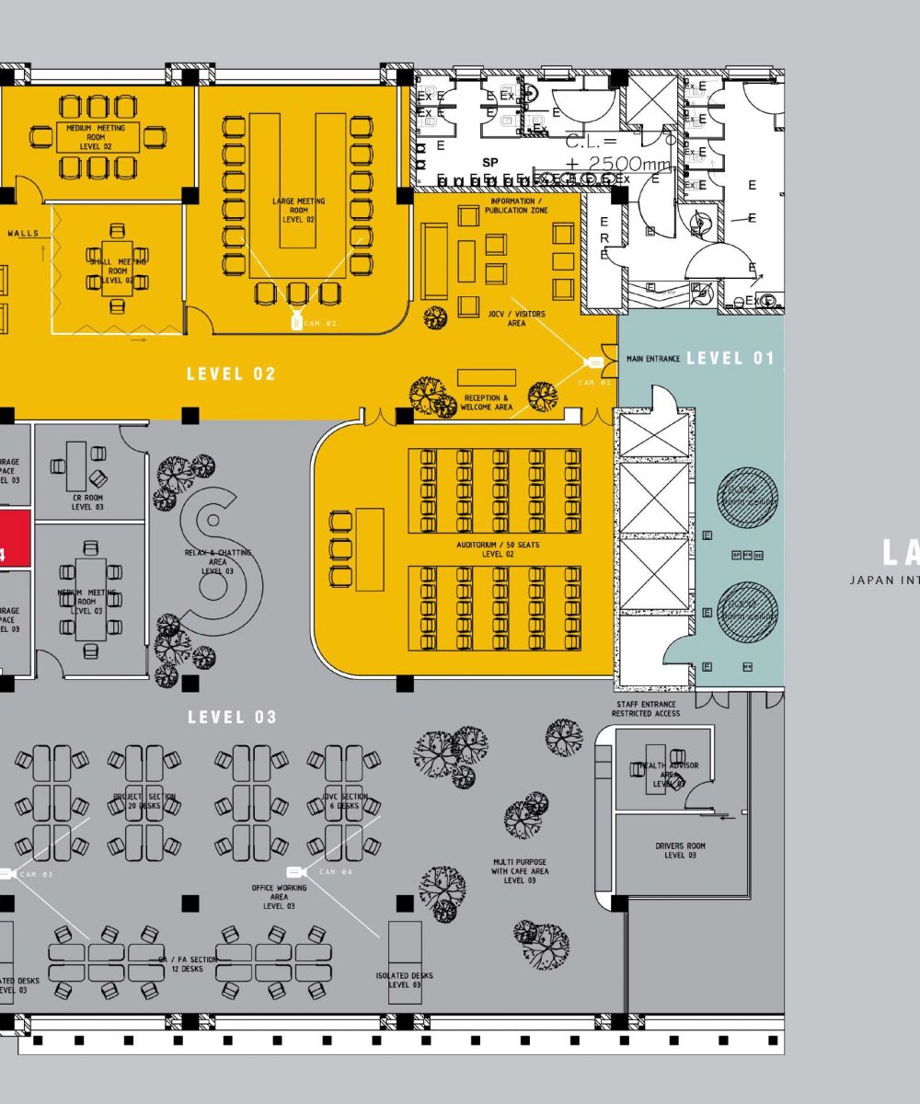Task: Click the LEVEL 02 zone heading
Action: (231, 374)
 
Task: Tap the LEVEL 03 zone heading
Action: (232, 717)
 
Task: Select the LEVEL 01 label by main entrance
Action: (730, 358)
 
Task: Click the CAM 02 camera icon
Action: (296, 323)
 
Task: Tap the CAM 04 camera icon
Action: (295, 871)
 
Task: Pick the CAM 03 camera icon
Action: (6, 873)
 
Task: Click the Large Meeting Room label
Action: (299, 211)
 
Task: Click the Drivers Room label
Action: (681, 850)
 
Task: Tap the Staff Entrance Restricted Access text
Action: (647, 708)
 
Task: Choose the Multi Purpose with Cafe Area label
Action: (520, 871)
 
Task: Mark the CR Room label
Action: (87, 502)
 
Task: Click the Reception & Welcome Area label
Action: (487, 402)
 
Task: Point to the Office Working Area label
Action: (279, 897)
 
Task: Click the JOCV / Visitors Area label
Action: (516, 318)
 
